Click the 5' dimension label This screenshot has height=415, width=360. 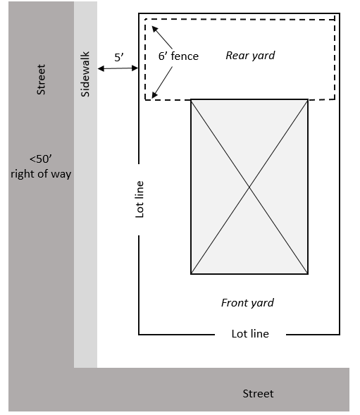(x=119, y=57)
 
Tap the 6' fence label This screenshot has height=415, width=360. (x=178, y=56)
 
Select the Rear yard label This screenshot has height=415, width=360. (x=250, y=56)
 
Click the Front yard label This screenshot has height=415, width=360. (x=247, y=303)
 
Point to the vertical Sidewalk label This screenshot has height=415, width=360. (x=85, y=74)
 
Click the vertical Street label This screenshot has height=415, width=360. (x=41, y=80)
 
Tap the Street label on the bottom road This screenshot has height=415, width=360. (x=258, y=394)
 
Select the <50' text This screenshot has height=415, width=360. (x=40, y=159)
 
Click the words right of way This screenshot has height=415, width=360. (x=41, y=174)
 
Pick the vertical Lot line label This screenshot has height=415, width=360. (x=139, y=199)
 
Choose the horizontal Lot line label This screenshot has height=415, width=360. (x=250, y=334)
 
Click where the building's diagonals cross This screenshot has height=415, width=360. (x=249, y=187)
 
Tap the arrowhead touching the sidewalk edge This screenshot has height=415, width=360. (x=101, y=69)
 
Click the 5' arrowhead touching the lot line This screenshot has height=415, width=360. (x=135, y=68)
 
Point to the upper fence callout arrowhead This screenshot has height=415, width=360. (x=154, y=29)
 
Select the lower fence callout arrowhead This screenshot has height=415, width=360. (x=154, y=95)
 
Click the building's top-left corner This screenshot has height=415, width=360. (x=191, y=100)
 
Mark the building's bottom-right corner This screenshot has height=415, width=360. (x=308, y=274)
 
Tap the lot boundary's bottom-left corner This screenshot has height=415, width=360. (x=139, y=335)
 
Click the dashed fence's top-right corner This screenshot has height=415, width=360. (x=335, y=20)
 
